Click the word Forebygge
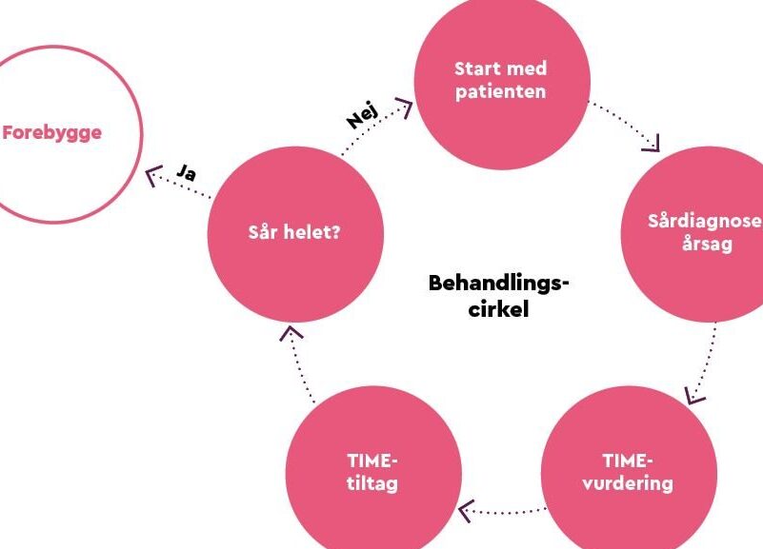(52, 132)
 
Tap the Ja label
(187, 172)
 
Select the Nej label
(362, 115)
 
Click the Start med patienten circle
(502, 83)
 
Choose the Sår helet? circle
(295, 234)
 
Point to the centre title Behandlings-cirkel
(499, 296)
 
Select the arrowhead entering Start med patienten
(405, 107)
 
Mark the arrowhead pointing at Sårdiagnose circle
(653, 144)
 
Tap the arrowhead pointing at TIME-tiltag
(466, 511)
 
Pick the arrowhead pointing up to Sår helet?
(291, 333)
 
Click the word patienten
(501, 92)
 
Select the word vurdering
(628, 483)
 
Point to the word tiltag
(372, 484)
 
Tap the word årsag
(707, 244)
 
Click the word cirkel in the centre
(498, 309)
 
